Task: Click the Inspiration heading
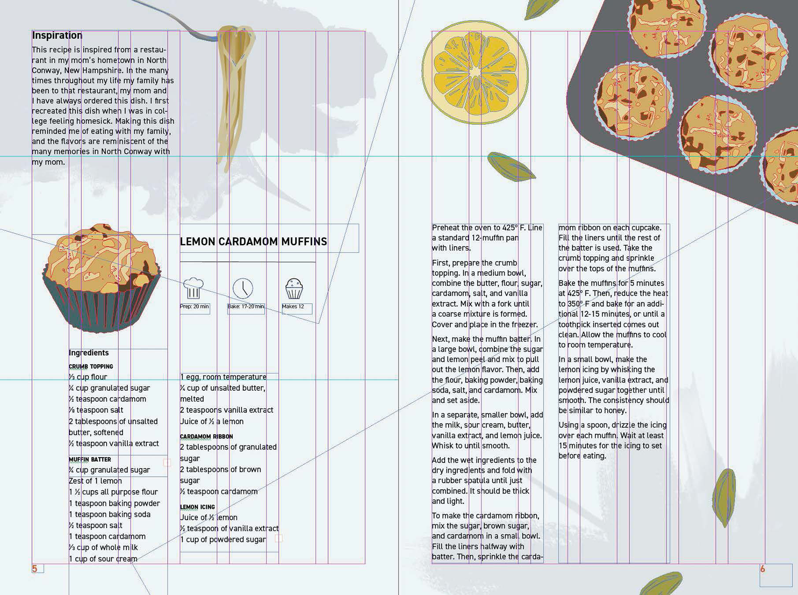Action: [57, 35]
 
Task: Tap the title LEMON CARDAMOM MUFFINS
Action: [253, 242]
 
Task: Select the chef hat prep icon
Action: [193, 288]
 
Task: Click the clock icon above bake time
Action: [243, 288]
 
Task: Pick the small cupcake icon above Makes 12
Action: [294, 289]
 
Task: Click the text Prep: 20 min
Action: [194, 306]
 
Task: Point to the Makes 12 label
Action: [293, 306]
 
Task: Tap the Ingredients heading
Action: [89, 353]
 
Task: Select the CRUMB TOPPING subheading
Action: [91, 366]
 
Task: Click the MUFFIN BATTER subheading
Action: [90, 459]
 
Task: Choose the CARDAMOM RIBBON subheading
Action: [207, 436]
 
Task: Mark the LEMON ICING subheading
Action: [197, 507]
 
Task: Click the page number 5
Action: [35, 569]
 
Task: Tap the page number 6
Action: [762, 569]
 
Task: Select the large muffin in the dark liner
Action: [102, 278]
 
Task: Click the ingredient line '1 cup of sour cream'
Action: [103, 559]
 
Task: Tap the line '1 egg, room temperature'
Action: [223, 377]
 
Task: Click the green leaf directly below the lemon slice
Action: [511, 167]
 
